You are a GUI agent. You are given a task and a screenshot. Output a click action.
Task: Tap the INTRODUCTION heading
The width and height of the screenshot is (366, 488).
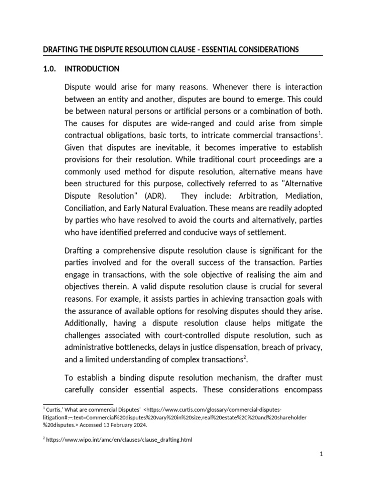point(92,69)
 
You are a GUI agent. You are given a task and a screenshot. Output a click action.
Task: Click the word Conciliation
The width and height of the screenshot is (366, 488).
point(85,208)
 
